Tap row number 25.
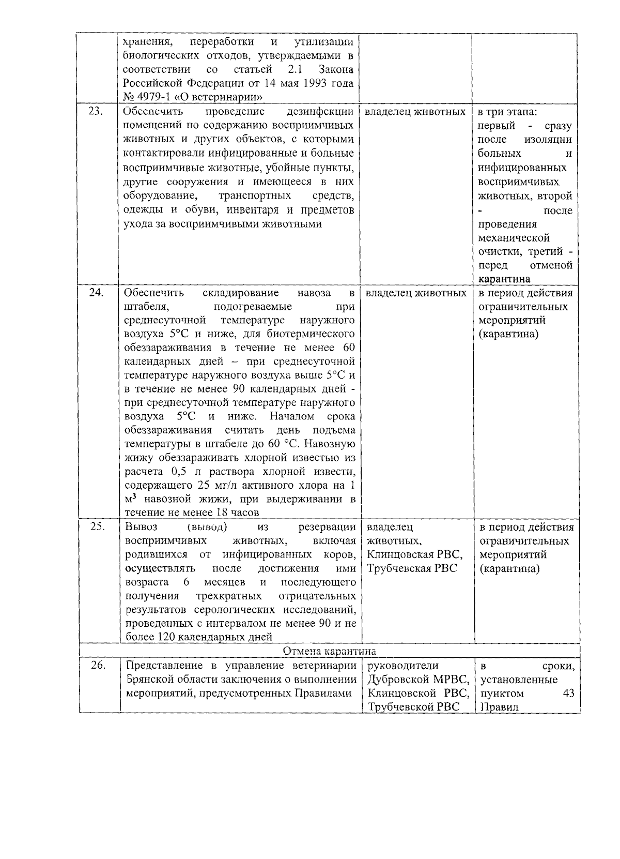click(x=97, y=527)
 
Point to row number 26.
click(x=98, y=666)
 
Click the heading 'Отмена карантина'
click(x=330, y=651)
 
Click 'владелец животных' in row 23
click(x=415, y=112)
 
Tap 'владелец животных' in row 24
click(x=415, y=293)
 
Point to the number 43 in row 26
click(x=568, y=694)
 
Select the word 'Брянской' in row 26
click(x=149, y=680)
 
